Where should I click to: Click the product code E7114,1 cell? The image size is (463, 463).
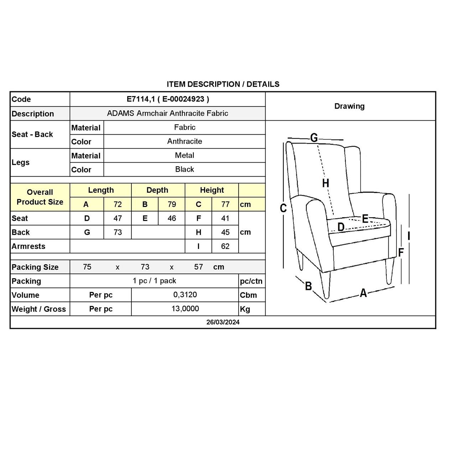click(168, 99)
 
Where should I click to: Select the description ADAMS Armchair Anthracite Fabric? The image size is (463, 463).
click(168, 114)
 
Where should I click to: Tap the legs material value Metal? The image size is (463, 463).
click(184, 156)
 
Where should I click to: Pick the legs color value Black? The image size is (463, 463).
click(184, 170)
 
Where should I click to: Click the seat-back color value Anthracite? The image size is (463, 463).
click(184, 141)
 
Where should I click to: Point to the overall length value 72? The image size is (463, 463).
click(118, 204)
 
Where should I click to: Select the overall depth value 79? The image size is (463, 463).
click(172, 204)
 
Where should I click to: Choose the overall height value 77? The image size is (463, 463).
click(225, 204)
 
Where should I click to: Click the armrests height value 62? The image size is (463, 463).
click(225, 246)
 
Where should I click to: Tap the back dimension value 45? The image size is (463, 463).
click(225, 233)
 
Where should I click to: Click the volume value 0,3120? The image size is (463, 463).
click(185, 295)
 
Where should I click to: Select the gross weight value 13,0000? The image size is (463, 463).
click(185, 309)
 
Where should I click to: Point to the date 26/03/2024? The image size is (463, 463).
click(223, 322)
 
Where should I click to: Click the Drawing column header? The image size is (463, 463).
click(349, 106)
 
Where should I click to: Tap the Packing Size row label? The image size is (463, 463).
click(35, 267)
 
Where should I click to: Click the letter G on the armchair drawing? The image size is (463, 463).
click(314, 137)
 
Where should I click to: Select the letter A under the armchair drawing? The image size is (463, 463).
click(363, 293)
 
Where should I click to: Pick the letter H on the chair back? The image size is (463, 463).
click(326, 183)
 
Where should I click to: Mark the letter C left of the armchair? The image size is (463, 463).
click(283, 208)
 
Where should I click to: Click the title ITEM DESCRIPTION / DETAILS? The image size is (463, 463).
click(223, 84)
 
